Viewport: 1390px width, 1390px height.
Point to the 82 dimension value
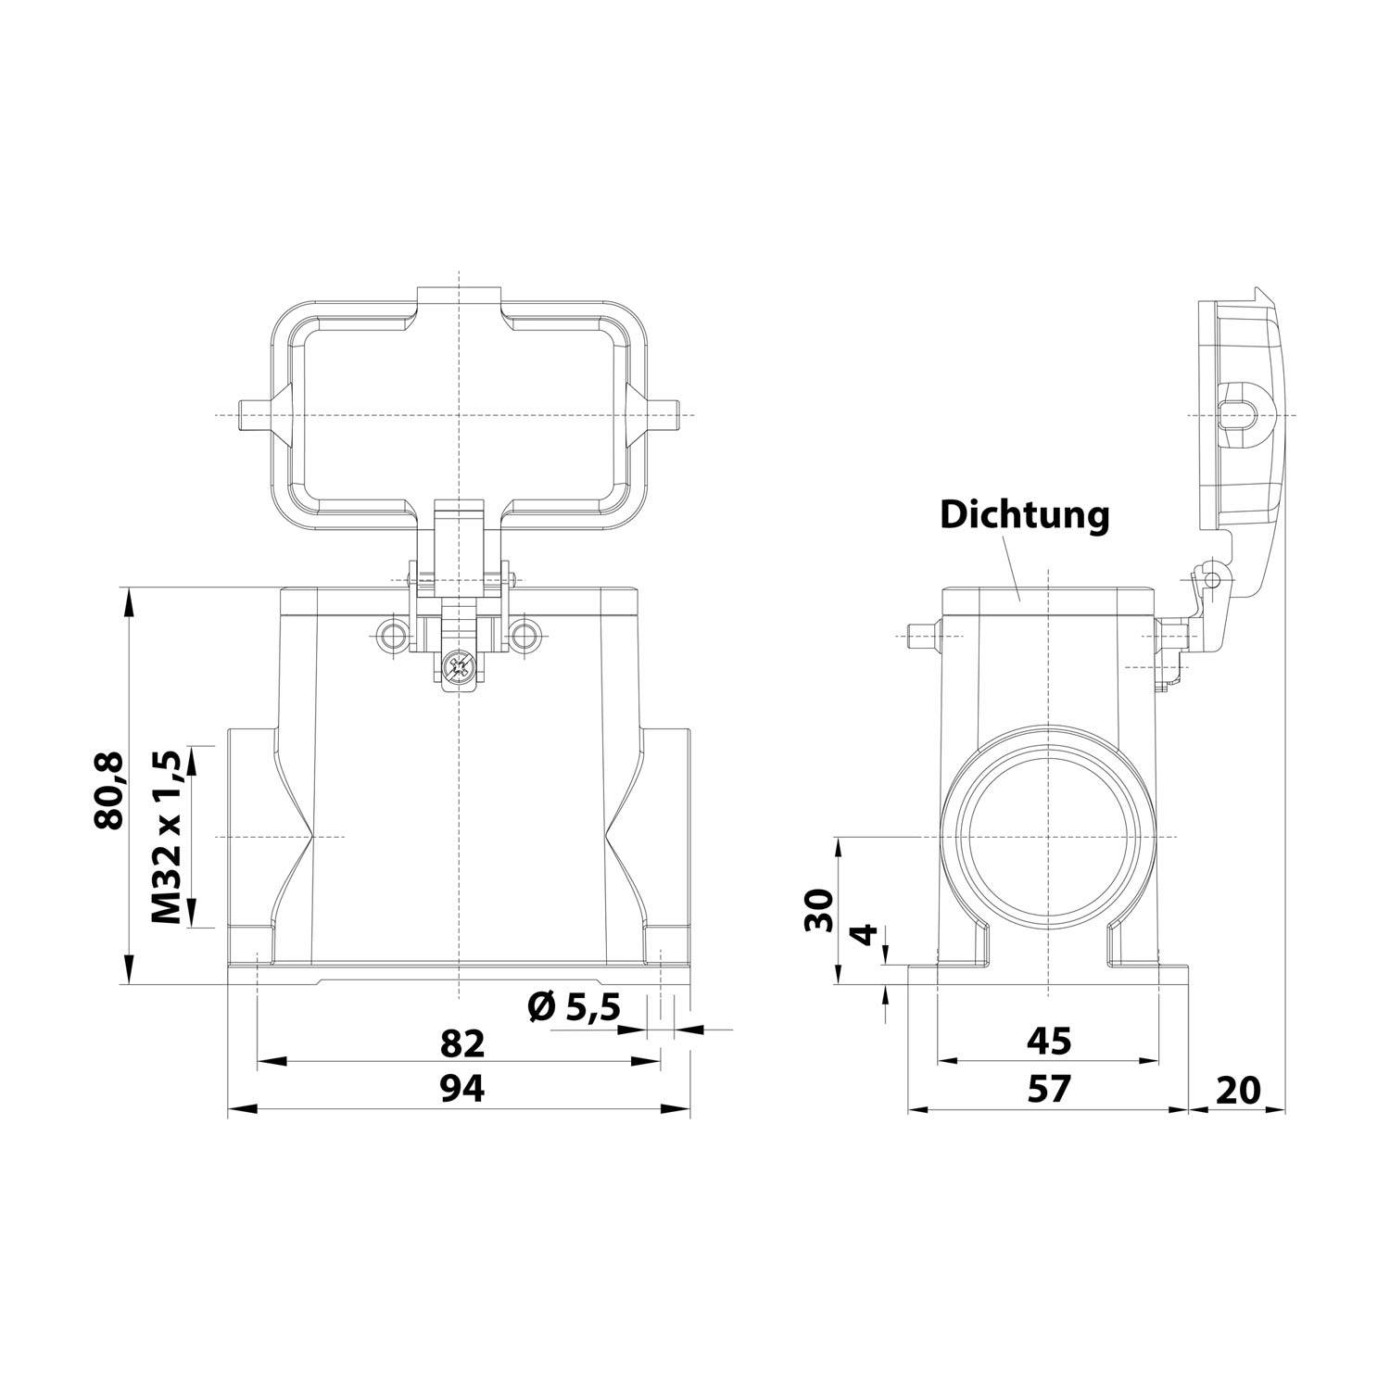[461, 1043]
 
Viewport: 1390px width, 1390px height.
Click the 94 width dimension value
[461, 1090]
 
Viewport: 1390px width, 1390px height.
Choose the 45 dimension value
[1048, 1041]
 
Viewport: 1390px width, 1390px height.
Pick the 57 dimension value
[1048, 1089]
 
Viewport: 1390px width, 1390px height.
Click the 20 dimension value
[1238, 1090]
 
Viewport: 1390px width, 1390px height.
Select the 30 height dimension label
[819, 910]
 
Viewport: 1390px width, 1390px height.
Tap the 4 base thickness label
[864, 934]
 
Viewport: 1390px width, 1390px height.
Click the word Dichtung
[1024, 515]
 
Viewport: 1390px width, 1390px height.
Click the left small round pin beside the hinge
[391, 636]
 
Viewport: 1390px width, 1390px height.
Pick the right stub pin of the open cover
[664, 413]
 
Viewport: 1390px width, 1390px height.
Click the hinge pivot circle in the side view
[1210, 579]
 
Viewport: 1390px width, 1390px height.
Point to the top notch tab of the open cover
[459, 298]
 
